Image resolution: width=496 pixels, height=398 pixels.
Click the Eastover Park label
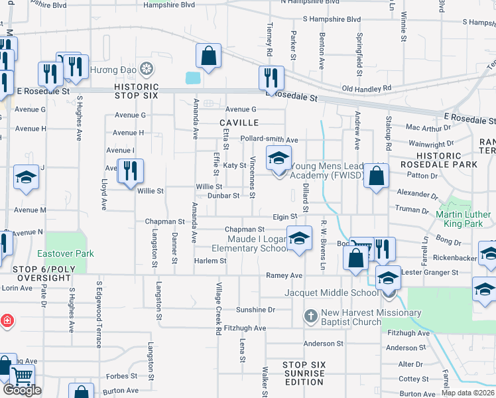tap(66, 253)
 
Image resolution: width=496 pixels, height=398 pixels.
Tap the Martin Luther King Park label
tap(464, 219)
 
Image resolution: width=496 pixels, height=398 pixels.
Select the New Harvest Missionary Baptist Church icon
tap(311, 316)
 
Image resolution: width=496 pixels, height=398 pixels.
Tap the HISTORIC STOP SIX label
tap(136, 91)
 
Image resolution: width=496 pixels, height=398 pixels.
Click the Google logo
tap(22, 390)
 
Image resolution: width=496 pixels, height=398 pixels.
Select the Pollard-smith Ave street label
tap(269, 140)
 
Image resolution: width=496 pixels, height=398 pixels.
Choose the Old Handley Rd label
tap(366, 88)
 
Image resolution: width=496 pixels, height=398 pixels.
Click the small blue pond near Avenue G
tap(193, 78)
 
